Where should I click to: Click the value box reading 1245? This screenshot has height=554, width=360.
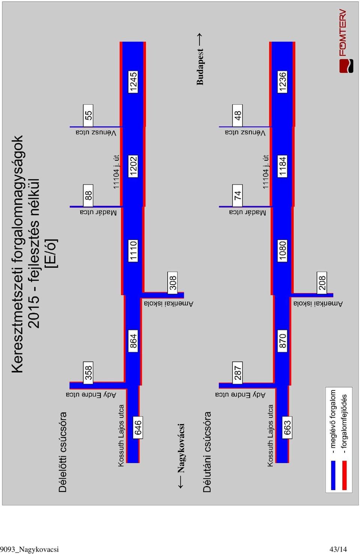click(133, 82)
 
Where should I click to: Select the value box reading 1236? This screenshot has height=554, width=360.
click(282, 82)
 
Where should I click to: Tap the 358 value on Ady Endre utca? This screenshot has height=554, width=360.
click(88, 373)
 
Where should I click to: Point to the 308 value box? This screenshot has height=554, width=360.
click(172, 283)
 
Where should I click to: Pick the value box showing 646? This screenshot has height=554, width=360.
click(138, 427)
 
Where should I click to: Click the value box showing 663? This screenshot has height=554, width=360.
click(287, 427)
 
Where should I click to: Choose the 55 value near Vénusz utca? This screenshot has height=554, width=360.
click(88, 116)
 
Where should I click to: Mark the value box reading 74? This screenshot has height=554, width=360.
click(238, 195)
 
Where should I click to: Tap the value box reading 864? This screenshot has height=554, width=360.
click(133, 341)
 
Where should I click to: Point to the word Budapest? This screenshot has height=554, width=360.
click(200, 67)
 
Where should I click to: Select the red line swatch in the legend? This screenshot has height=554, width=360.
click(344, 475)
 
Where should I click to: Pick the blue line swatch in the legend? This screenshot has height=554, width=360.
click(333, 475)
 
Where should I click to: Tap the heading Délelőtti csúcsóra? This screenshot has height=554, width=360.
click(63, 452)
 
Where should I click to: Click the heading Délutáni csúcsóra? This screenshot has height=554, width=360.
click(207, 452)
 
